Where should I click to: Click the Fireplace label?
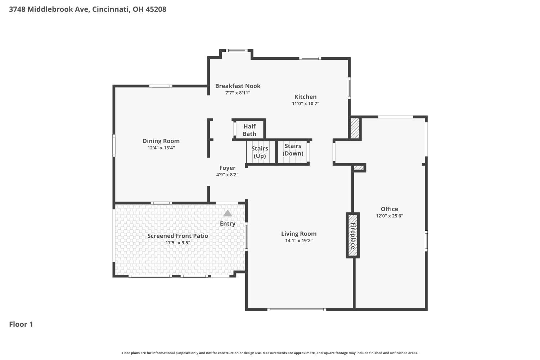pos(353,236)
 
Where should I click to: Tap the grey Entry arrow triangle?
pos(227,213)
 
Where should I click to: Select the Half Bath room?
pos(249,130)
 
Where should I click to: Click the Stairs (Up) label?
pos(260,152)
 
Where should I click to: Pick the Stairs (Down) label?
pos(293,150)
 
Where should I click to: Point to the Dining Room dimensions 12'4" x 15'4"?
pos(161,148)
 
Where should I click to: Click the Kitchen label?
pos(305,97)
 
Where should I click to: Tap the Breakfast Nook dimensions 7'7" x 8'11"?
pos(238,93)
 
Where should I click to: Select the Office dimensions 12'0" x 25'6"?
pos(389,216)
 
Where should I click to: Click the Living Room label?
pos(299,234)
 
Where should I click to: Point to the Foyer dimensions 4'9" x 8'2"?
pos(227,175)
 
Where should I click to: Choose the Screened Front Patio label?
pos(178,236)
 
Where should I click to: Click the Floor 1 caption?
pos(21,324)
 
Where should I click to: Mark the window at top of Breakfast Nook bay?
pos(237,51)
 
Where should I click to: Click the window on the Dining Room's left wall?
pos(114,146)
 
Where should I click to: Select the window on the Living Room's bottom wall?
pos(297,310)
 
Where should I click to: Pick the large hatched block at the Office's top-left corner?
pos(355,128)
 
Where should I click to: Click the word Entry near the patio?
pos(228,224)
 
